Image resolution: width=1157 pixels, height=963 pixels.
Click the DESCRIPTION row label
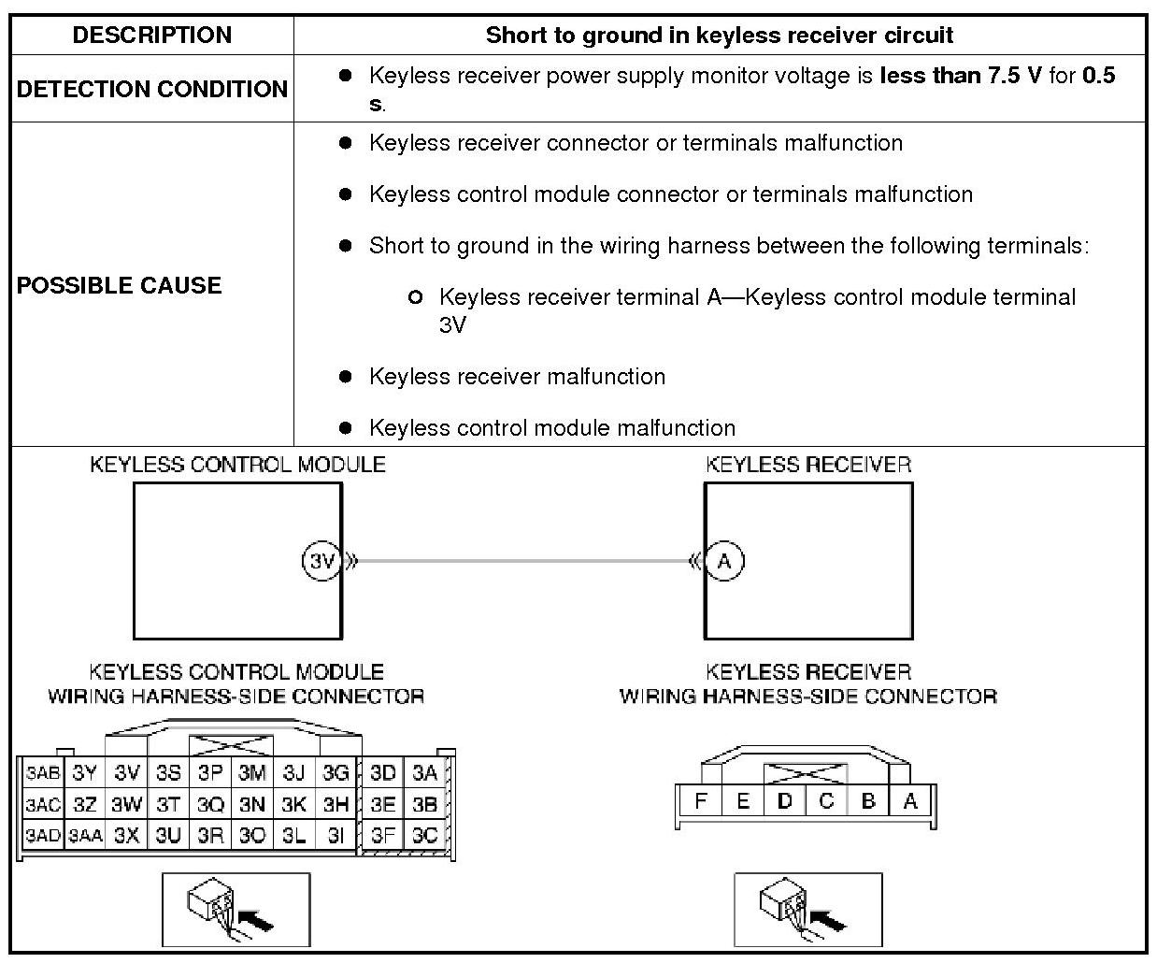pos(151,36)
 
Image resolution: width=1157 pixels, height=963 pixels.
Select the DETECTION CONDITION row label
pos(151,89)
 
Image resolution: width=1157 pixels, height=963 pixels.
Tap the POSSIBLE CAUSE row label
pos(119,285)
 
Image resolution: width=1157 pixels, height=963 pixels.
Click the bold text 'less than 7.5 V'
pos(960,76)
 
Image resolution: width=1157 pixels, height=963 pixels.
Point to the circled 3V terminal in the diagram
pos(321,561)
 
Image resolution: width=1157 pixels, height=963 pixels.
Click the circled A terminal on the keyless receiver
pos(724,561)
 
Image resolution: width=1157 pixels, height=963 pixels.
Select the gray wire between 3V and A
pos(523,561)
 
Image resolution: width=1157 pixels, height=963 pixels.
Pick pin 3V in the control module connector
pos(127,772)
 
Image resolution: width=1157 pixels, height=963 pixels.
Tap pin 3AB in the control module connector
pos(42,772)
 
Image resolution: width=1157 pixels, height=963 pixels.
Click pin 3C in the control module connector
pos(425,835)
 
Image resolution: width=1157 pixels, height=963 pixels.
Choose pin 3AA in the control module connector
pos(85,835)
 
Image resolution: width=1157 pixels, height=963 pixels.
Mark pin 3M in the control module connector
pos(252,772)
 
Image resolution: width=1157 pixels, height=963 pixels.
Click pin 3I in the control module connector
pos(336,835)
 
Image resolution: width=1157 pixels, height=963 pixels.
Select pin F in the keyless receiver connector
pos(701,801)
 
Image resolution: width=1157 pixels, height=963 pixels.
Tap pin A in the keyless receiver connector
pos(910,801)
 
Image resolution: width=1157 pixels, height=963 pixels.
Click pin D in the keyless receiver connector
pos(785,801)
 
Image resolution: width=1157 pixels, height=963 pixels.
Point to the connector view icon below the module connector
pos(236,909)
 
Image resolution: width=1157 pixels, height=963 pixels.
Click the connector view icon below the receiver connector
pos(808,909)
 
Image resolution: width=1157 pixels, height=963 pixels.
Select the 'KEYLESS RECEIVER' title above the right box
pos(808,465)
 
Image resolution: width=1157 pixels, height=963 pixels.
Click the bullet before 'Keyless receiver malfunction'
pos(346,377)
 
